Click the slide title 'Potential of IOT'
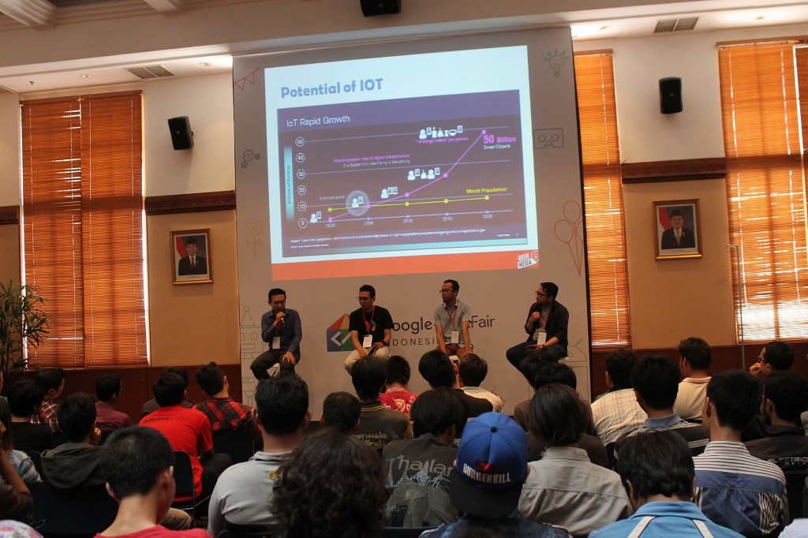pyautogui.click(x=332, y=88)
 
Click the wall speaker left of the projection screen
pyautogui.click(x=180, y=133)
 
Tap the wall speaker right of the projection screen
pyautogui.click(x=670, y=95)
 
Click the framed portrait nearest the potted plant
pyautogui.click(x=191, y=256)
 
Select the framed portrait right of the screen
pyautogui.click(x=677, y=229)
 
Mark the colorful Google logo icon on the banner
pyautogui.click(x=340, y=332)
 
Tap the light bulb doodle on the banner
pyautogui.click(x=556, y=61)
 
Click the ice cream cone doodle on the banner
pyautogui.click(x=568, y=233)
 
